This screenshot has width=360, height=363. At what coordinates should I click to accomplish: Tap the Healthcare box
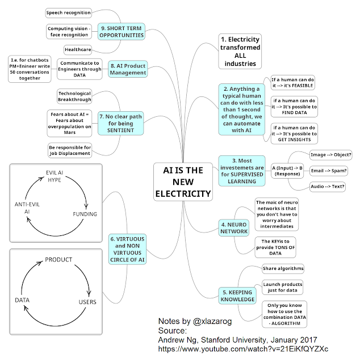(x=77, y=49)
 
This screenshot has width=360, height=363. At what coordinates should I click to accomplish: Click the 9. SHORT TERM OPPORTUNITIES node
(x=121, y=31)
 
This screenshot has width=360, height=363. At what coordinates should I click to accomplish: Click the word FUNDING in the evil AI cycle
(x=85, y=214)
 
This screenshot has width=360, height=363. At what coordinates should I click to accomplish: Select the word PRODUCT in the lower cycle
(x=58, y=259)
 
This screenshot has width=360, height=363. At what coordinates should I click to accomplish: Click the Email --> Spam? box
(x=329, y=170)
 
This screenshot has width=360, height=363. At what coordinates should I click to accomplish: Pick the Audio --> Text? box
(x=329, y=186)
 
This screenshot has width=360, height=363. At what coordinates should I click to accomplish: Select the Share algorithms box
(x=283, y=268)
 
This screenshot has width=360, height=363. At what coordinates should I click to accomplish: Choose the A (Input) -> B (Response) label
(x=287, y=171)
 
